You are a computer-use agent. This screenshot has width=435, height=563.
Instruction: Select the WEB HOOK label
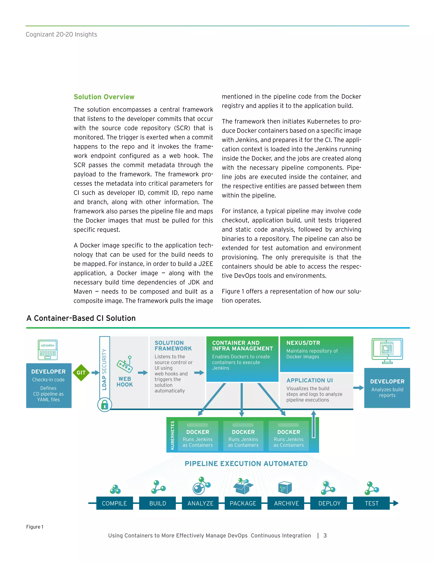click(x=125, y=382)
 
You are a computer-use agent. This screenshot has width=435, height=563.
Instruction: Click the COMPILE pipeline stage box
click(x=114, y=503)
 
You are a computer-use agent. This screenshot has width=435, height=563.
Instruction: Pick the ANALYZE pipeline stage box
click(x=200, y=503)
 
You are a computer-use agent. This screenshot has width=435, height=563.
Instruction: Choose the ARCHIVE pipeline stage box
click(x=286, y=503)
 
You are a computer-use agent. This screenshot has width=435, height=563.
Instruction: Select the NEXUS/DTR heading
click(x=303, y=343)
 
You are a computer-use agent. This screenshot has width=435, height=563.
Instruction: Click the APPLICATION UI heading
click(x=309, y=380)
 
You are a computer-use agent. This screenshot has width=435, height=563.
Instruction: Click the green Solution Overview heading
click(x=104, y=97)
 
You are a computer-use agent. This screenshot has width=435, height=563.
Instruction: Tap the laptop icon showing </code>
click(x=48, y=350)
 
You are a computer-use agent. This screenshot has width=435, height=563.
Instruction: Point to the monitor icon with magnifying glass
click(x=387, y=351)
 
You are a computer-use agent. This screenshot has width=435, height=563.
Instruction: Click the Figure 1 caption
click(x=35, y=527)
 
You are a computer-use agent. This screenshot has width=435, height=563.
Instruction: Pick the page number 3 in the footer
click(x=325, y=535)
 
